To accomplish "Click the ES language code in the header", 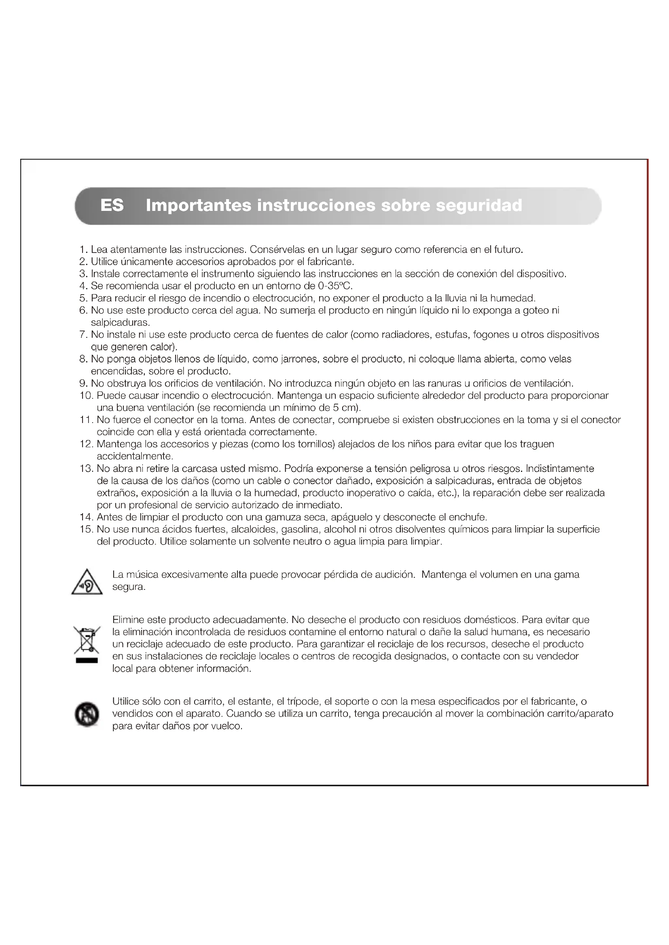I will (112, 205).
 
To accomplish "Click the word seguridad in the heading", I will (479, 205).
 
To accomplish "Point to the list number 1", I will (83, 249).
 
